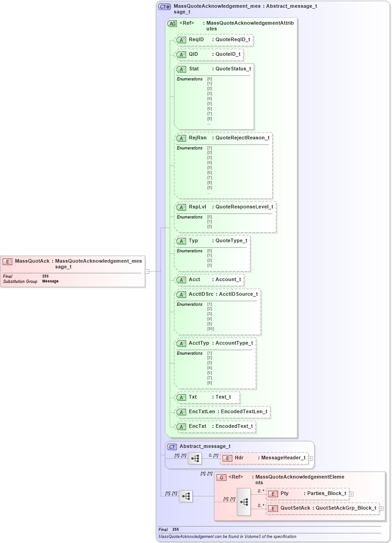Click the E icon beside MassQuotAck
[x=7, y=261]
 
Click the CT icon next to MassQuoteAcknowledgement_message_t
[x=164, y=7]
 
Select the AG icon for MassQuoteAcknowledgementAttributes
[x=172, y=23]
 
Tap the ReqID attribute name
[x=196, y=40]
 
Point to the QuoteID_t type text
[x=228, y=54]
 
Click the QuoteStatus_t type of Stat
[x=233, y=69]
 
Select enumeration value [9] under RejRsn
[x=209, y=187]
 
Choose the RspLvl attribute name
[x=198, y=207]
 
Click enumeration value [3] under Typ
[x=209, y=265]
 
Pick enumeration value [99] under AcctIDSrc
[x=210, y=329]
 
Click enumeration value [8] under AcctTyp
[x=209, y=383]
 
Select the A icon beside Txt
[x=181, y=397]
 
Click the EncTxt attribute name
[x=198, y=426]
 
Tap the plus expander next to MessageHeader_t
[x=311, y=458]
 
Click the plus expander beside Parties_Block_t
[x=351, y=494]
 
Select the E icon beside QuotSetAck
[x=273, y=508]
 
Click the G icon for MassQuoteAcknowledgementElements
[x=221, y=477]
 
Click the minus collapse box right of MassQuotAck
[x=147, y=271]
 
